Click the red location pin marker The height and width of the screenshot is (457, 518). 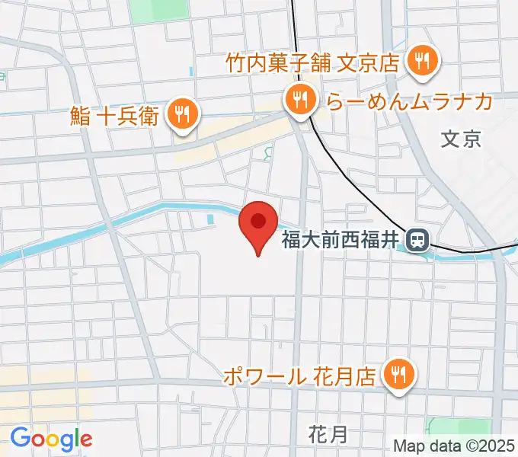(x=258, y=225)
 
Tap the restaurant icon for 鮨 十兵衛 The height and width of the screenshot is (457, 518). (x=183, y=114)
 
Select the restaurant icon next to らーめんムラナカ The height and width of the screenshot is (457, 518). (x=302, y=100)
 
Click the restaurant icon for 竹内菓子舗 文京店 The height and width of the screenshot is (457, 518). (x=421, y=61)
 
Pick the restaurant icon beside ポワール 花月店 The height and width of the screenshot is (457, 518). (x=398, y=375)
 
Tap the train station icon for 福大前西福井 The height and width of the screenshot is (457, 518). (x=417, y=241)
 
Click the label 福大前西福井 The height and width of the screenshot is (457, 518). (x=340, y=241)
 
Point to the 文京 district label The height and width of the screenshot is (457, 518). (x=462, y=139)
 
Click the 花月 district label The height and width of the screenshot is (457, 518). (x=329, y=435)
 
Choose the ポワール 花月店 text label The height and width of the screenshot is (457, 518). (x=300, y=376)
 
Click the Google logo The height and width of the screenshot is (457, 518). (x=51, y=438)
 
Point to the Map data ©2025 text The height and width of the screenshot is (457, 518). (x=455, y=445)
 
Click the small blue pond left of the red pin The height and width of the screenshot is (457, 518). (x=211, y=219)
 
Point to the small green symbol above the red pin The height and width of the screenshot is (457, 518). (x=267, y=155)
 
